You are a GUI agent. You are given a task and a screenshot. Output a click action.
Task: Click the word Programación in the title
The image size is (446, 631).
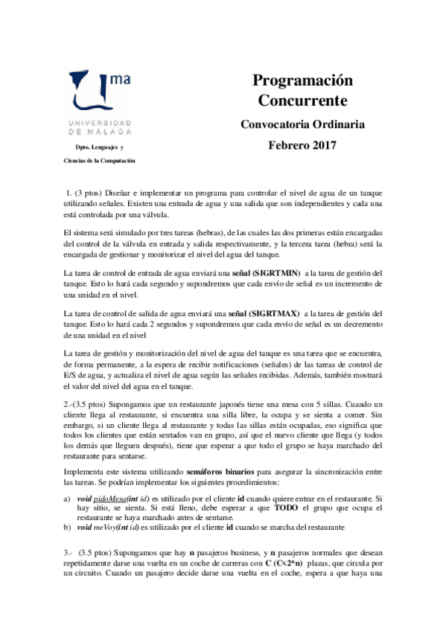pyautogui.click(x=302, y=80)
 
